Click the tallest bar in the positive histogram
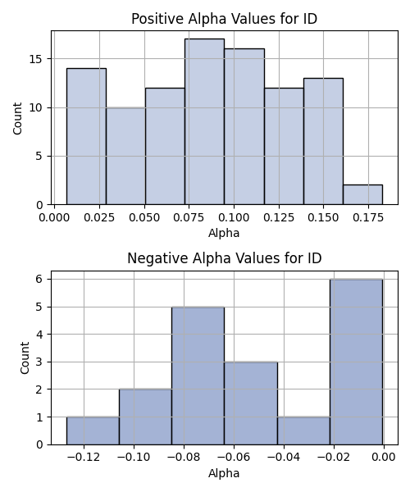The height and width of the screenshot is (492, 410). pyautogui.click(x=204, y=121)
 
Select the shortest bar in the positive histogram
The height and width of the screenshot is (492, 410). pyautogui.click(x=362, y=194)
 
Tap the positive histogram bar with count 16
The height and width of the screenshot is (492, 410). pyautogui.click(x=244, y=127)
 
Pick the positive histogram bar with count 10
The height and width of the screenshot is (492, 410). pyautogui.click(x=125, y=156)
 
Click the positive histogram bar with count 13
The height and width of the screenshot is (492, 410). pyautogui.click(x=323, y=141)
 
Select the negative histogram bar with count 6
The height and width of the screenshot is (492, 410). pyautogui.click(x=357, y=362)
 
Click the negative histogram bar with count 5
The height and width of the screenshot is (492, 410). pyautogui.click(x=198, y=376)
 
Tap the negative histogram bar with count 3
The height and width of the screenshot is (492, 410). pyautogui.click(x=251, y=403)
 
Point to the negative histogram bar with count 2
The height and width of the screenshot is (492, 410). pyautogui.click(x=146, y=417)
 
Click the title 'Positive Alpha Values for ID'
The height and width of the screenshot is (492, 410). pyautogui.click(x=225, y=19)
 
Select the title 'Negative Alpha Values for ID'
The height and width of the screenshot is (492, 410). pyautogui.click(x=225, y=258)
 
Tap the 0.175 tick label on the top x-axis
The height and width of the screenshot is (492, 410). pyautogui.click(x=368, y=217)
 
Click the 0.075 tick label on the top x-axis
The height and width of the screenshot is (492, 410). pyautogui.click(x=189, y=217)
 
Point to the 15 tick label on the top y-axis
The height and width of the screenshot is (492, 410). pyautogui.click(x=36, y=59)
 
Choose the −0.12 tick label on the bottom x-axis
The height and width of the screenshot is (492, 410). pyautogui.click(x=84, y=458)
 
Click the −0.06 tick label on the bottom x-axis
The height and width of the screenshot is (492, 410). pyautogui.click(x=234, y=458)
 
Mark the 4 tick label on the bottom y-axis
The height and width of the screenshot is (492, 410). pyautogui.click(x=39, y=335)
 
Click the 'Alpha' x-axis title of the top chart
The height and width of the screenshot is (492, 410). pyautogui.click(x=224, y=233)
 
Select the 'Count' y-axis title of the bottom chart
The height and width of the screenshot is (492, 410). pyautogui.click(x=25, y=358)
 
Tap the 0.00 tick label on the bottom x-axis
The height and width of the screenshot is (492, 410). pyautogui.click(x=384, y=458)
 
